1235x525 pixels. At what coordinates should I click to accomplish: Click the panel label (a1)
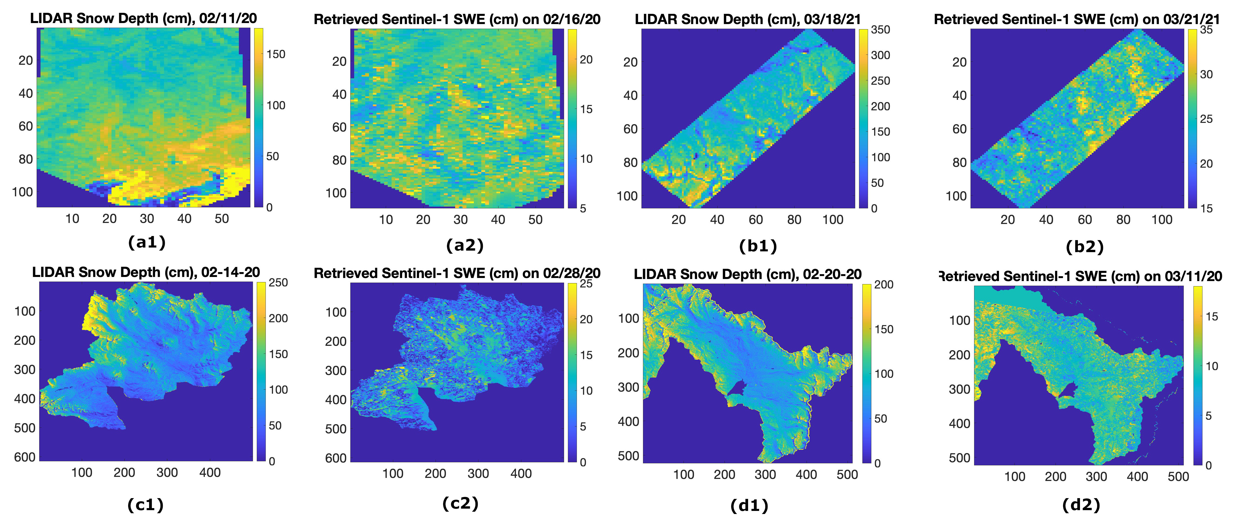147,242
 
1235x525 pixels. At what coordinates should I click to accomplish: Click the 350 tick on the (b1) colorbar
881,30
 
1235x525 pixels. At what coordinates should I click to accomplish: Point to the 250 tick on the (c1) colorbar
278,283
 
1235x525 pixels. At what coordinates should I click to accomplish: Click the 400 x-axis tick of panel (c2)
521,474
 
